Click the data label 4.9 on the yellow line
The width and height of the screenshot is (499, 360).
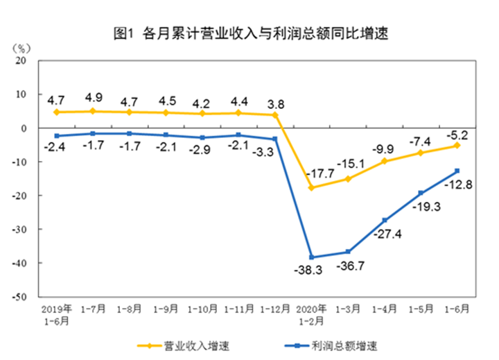[x=94, y=97]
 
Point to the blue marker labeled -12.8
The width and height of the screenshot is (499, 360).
[x=457, y=171]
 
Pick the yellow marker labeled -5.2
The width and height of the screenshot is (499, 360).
[x=457, y=146]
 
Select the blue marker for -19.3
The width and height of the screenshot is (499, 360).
[x=421, y=193]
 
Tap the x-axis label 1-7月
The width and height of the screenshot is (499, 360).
[x=93, y=307]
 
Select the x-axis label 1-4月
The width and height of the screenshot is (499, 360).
[x=384, y=307]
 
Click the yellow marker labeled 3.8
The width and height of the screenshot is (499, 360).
[x=276, y=114]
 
